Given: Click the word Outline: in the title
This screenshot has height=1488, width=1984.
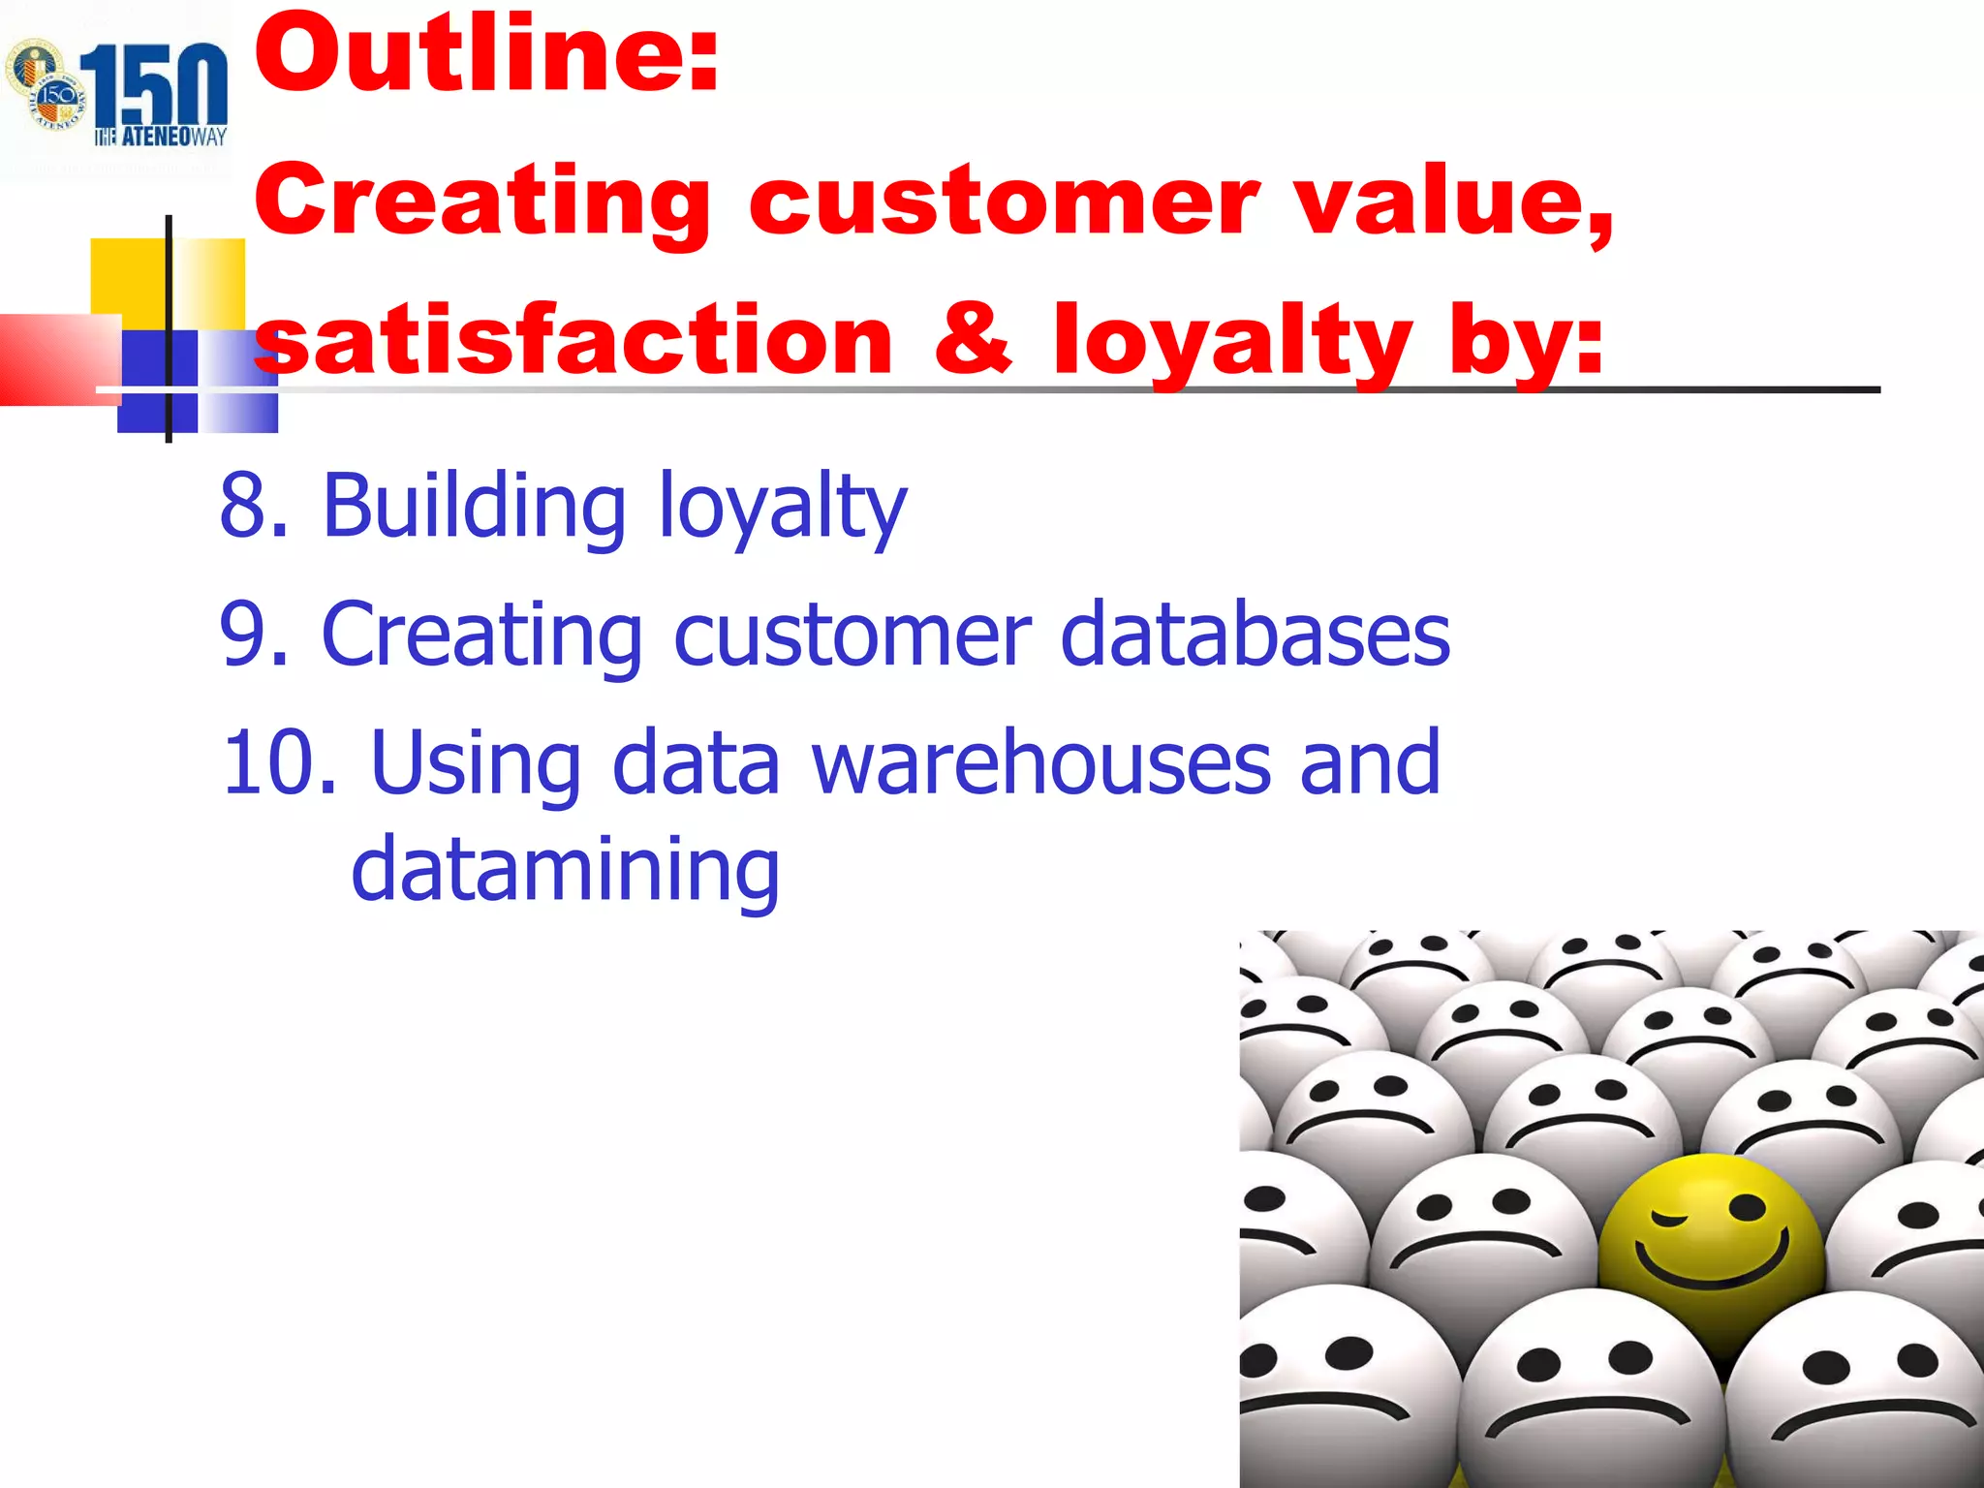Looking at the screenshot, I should coord(486,55).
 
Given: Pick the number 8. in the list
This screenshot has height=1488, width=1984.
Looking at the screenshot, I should coord(254,505).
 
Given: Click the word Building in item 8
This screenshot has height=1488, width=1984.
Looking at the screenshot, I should coord(474,505).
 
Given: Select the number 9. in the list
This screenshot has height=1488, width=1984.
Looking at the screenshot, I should coord(254,634).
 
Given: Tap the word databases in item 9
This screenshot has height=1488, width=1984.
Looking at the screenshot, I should coord(1255,634).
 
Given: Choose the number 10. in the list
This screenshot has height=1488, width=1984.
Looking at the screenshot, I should coord(279,762).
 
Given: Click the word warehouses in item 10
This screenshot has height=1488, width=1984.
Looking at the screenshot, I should coord(1040,762).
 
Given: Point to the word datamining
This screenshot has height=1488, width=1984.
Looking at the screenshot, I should coord(565,869).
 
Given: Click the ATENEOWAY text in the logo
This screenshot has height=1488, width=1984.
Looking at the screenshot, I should coord(161,137).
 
